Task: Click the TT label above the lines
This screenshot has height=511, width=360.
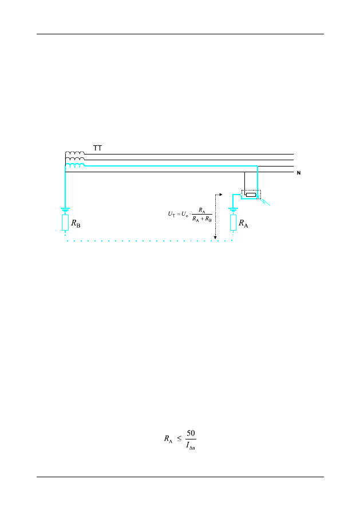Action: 97,148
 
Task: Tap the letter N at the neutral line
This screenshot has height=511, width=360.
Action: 299,173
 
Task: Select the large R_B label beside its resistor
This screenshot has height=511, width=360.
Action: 76,224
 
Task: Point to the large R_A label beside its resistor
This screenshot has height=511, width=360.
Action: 243,224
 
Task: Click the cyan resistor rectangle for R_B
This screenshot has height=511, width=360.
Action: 65,223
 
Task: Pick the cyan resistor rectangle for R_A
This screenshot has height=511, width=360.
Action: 233,223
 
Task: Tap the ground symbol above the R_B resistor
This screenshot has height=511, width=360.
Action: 65,210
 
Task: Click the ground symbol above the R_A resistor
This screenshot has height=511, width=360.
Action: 233,210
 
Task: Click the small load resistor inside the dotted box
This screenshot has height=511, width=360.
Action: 251,195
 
